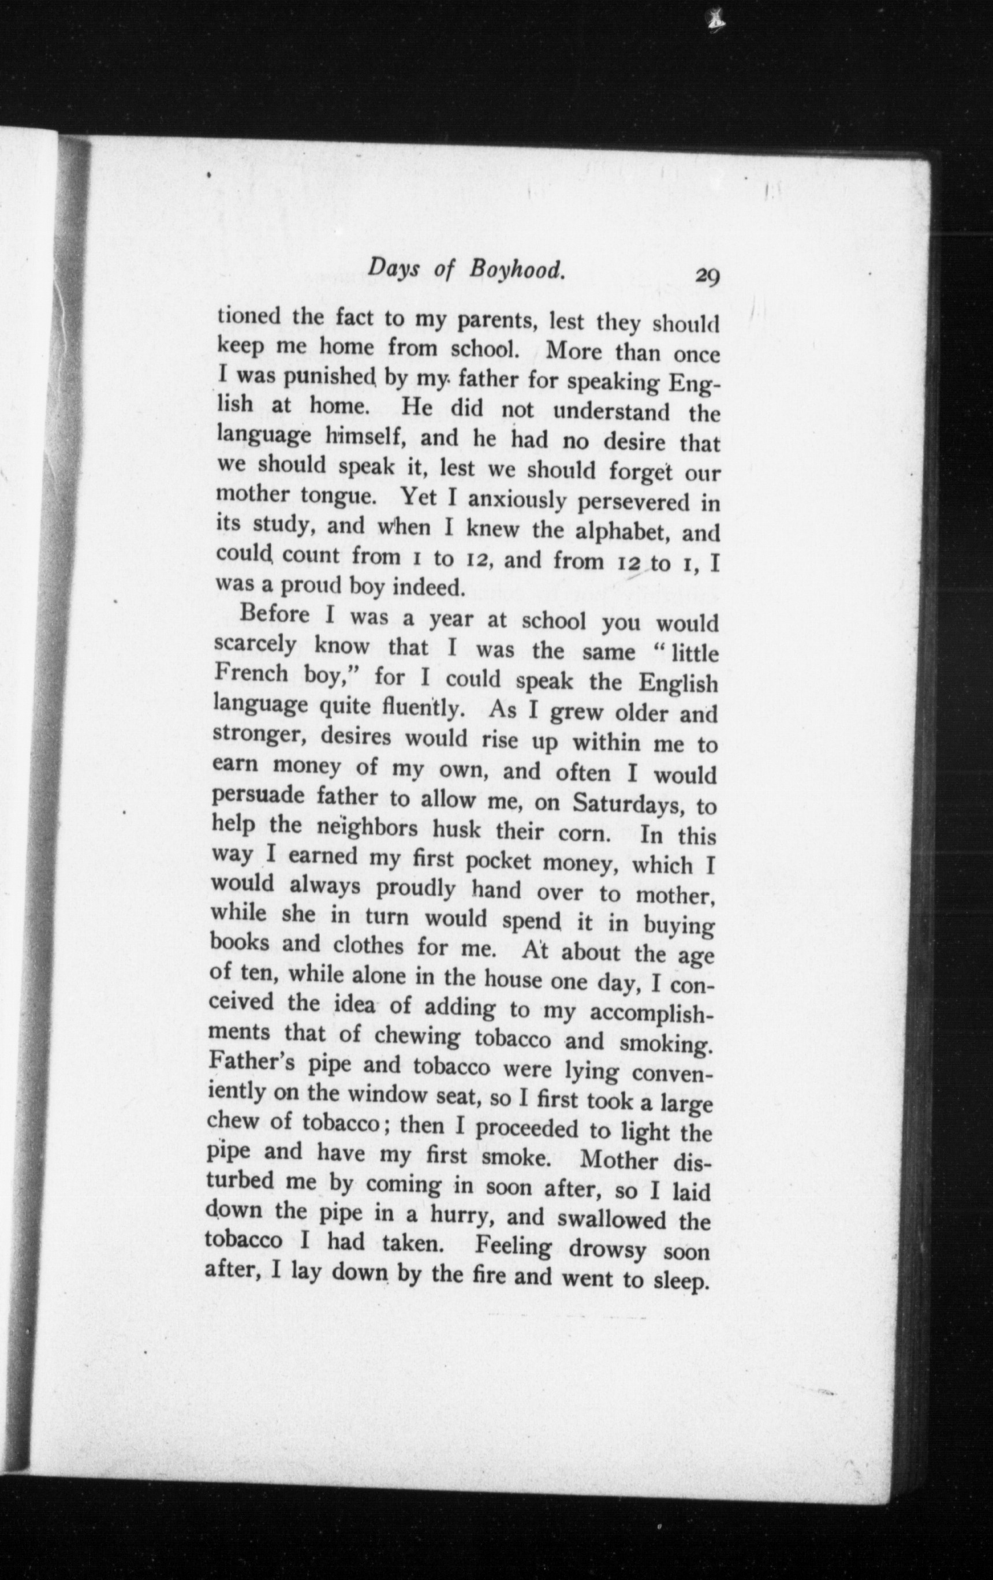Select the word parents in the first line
pyautogui.click(x=498, y=321)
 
